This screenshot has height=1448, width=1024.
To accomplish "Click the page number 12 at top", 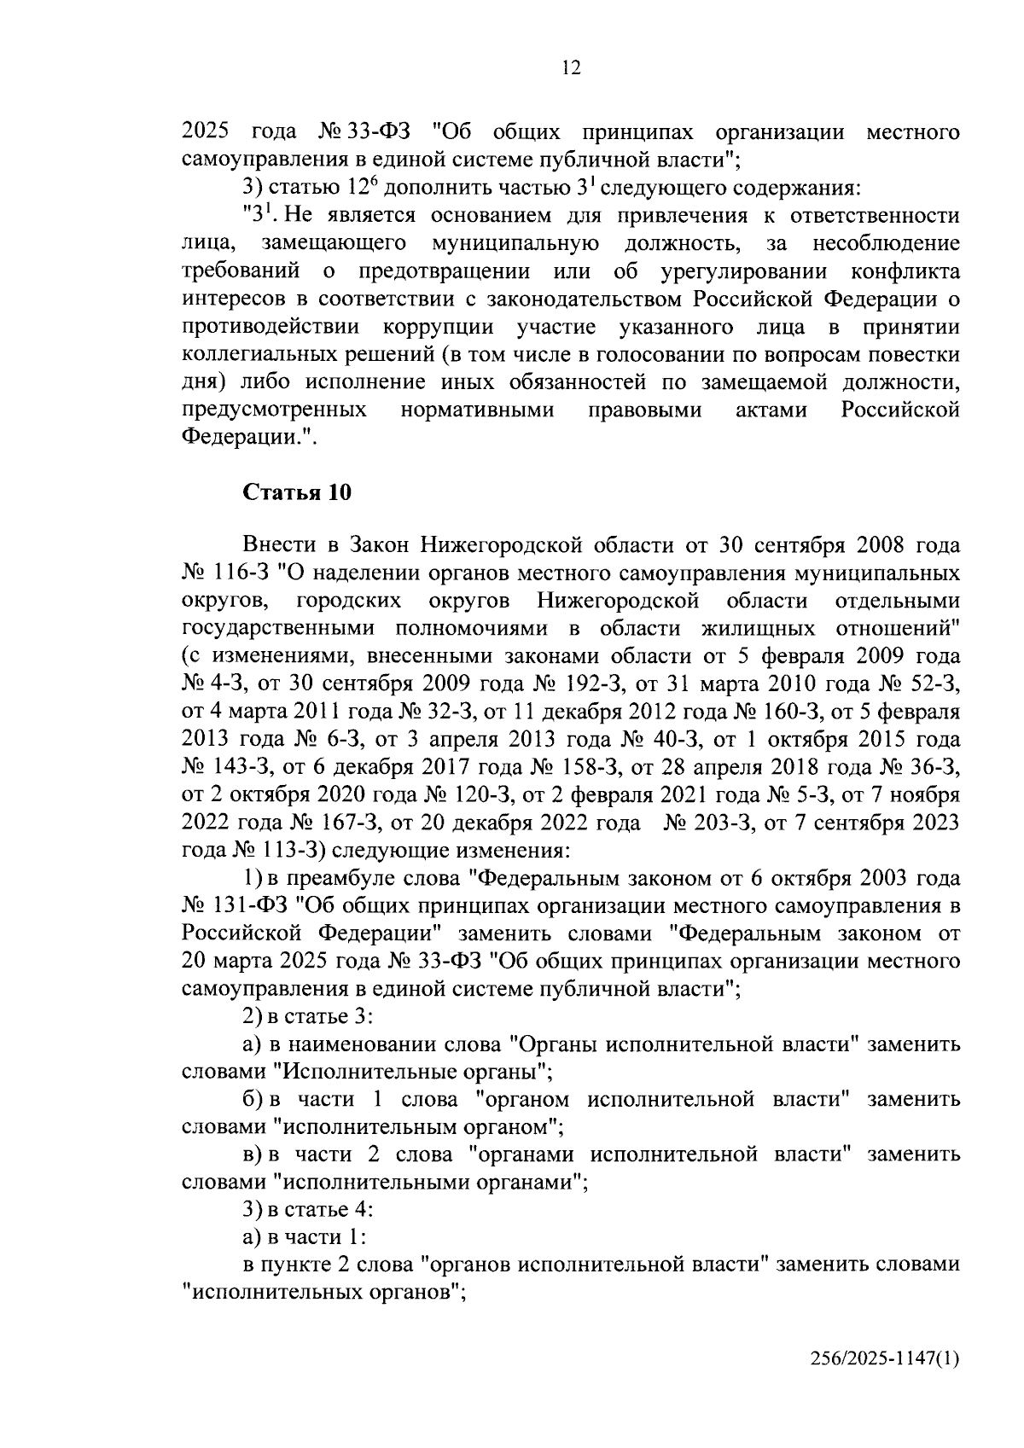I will click(571, 69).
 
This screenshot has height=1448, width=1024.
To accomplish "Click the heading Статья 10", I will click(297, 492).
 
